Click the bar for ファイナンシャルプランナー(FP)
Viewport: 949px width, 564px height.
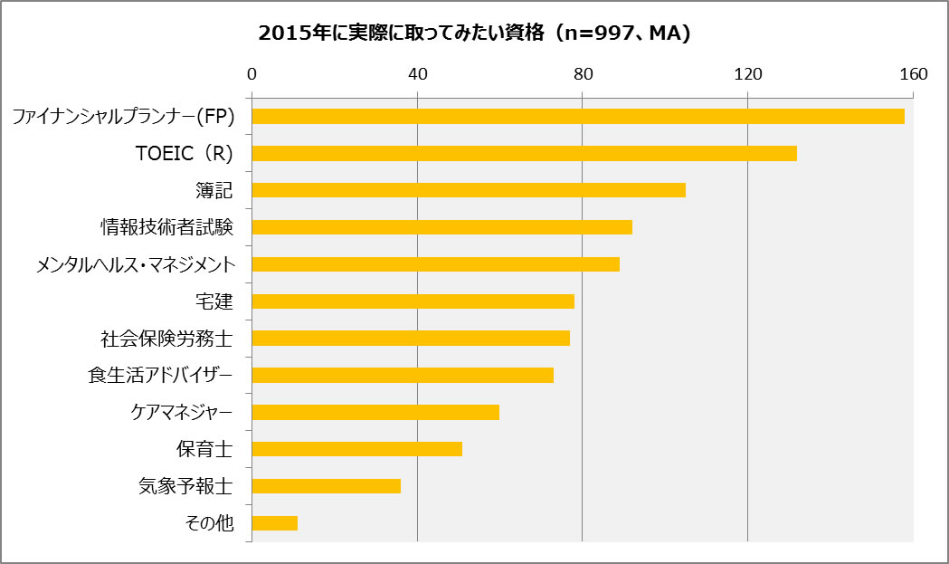pyautogui.click(x=577, y=116)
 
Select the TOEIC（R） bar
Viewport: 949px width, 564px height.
pyautogui.click(x=524, y=153)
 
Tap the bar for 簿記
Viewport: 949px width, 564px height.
pyautogui.click(x=468, y=190)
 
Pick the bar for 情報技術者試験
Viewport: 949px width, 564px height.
pyautogui.click(x=441, y=227)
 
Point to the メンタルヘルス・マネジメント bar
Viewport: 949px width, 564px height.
pyautogui.click(x=435, y=264)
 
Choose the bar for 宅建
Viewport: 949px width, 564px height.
pyautogui.click(x=413, y=301)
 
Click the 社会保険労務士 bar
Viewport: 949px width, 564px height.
pyautogui.click(x=411, y=339)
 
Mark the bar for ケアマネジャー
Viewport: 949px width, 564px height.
pyautogui.click(x=375, y=413)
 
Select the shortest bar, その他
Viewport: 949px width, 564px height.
pyautogui.click(x=274, y=523)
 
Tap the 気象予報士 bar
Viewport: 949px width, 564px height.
pyautogui.click(x=326, y=486)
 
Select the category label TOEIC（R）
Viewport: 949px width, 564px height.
pyautogui.click(x=184, y=153)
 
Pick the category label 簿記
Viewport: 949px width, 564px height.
pyautogui.click(x=214, y=190)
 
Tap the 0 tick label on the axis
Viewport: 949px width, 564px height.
pyautogui.click(x=251, y=73)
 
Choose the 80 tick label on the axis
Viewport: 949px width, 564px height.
pyautogui.click(x=583, y=73)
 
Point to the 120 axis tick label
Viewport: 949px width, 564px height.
pyautogui.click(x=748, y=73)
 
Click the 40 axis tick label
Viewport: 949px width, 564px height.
pyautogui.click(x=417, y=73)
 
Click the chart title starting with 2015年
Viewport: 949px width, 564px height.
pyautogui.click(x=474, y=33)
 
